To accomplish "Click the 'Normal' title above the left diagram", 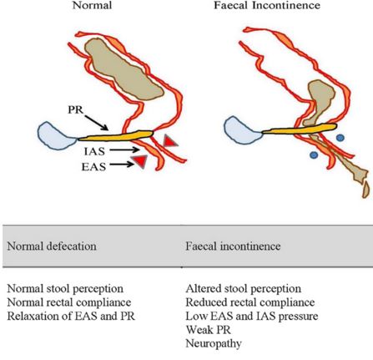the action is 92,5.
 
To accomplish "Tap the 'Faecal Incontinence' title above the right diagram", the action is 267,5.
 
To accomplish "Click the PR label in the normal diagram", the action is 76,109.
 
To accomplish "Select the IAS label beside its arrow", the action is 94,151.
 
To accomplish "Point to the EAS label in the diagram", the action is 93,167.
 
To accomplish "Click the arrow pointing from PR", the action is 96,123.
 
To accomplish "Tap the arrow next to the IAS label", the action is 124,150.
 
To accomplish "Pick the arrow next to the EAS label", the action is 122,165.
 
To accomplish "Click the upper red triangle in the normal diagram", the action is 169,141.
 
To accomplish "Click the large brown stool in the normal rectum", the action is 123,69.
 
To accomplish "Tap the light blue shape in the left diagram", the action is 57,136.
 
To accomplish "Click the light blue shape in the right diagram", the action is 243,130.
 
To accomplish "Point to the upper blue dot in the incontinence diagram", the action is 340,137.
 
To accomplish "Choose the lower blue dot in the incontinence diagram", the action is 314,155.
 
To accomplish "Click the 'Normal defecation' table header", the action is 52,246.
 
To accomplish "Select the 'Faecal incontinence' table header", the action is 233,246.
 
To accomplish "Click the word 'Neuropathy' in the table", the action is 214,343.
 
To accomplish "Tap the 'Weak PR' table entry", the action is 208,330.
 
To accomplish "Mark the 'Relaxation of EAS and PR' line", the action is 71,317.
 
